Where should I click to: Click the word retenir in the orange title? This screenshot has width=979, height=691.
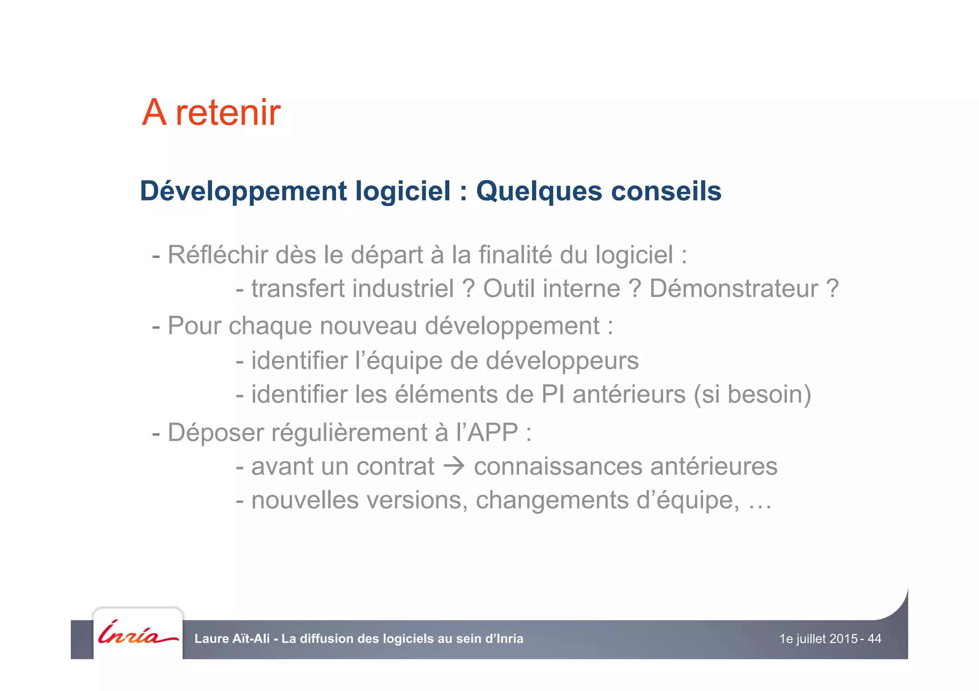[x=228, y=113]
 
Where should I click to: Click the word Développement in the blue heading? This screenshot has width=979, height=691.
[x=243, y=191]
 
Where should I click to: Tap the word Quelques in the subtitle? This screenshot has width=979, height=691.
[x=539, y=191]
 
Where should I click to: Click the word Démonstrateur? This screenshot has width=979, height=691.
[x=733, y=289]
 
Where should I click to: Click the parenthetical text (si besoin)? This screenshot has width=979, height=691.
[x=752, y=395]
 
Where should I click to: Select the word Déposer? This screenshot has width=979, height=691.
[x=216, y=433]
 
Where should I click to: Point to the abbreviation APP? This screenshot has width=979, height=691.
[x=492, y=433]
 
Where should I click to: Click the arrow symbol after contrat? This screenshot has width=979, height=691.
[x=454, y=466]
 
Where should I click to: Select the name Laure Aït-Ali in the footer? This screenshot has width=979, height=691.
[x=232, y=639]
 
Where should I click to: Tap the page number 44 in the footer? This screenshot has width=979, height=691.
[x=874, y=639]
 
